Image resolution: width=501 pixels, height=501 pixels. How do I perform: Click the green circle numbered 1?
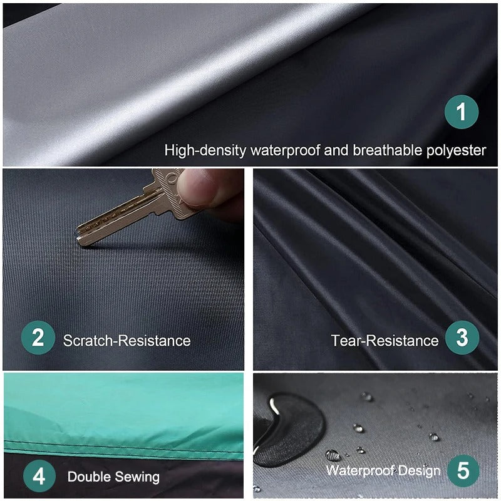tap(462, 113)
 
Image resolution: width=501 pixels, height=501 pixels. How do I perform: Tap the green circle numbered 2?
tap(38, 339)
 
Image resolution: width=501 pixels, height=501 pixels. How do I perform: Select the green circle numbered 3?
tap(462, 339)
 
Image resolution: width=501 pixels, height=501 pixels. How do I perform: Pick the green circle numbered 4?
tap(39, 477)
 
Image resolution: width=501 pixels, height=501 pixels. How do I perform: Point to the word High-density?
tap(205, 150)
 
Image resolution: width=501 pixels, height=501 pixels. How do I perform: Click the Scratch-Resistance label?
tap(127, 341)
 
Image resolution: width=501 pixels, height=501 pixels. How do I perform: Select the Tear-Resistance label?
tap(385, 341)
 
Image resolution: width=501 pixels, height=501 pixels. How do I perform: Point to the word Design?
tap(418, 470)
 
